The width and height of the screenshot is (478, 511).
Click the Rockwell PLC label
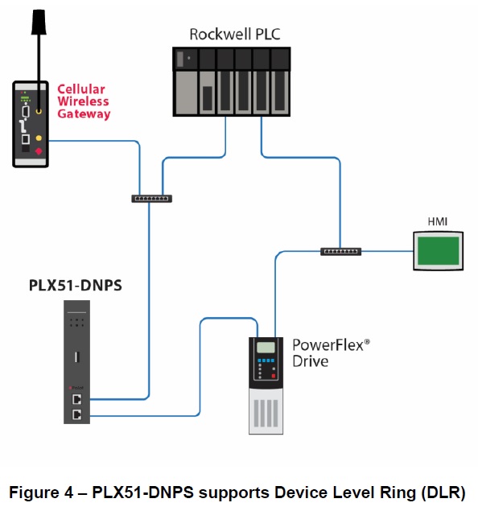pos(235,35)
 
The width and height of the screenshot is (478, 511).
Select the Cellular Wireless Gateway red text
pos(84,101)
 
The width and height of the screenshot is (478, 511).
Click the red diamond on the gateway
pos(39,151)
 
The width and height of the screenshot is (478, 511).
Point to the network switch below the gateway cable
pos(152,199)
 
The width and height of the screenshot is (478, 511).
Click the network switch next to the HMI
pos(341,252)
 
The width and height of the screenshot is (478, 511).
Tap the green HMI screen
pos(439,251)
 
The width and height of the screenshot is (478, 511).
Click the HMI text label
pos(437,221)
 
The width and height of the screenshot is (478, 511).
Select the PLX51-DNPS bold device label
pos(76,285)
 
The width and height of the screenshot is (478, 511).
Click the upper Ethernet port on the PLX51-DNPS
pos(77,399)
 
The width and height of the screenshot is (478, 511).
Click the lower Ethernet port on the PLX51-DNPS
pos(77,414)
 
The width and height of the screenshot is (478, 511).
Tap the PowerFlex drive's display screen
pos(266,348)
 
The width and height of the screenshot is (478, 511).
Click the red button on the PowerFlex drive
pos(274,376)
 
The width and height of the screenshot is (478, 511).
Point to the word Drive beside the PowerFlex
pos(310,361)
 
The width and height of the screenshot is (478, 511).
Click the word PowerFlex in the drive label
pos(328,345)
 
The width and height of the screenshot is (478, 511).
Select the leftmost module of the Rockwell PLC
pos(185,81)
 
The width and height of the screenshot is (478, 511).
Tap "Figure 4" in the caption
pos(41,492)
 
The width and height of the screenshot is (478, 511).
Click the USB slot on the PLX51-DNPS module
pos(77,357)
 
